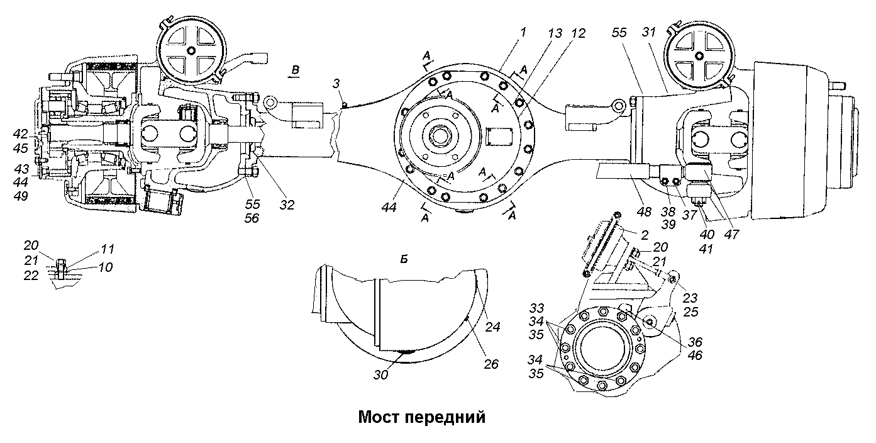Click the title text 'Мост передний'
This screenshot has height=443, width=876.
click(x=422, y=417)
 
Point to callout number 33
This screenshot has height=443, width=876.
click(x=536, y=310)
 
